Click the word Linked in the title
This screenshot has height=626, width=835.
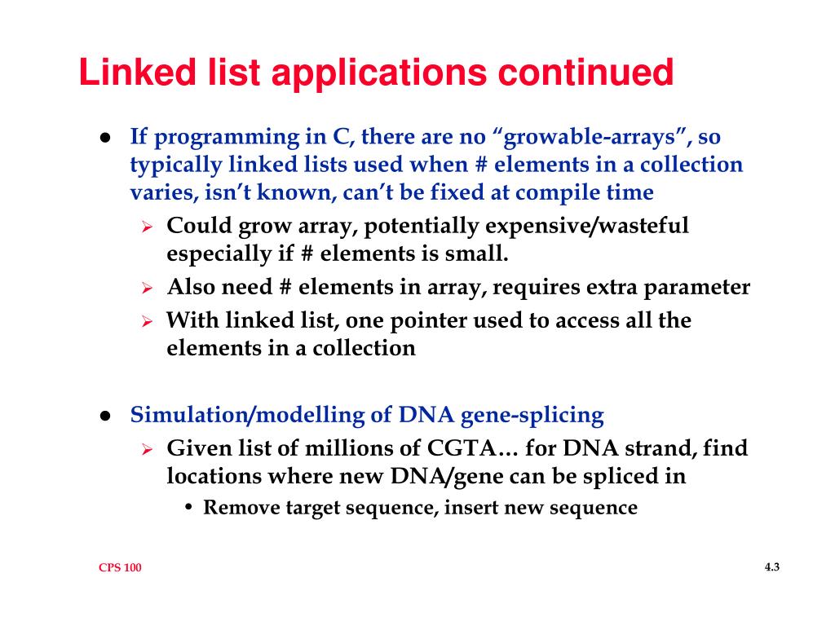pos(135,73)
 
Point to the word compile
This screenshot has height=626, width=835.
pos(553,193)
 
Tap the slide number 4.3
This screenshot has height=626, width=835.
pos(772,567)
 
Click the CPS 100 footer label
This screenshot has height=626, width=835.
pos(120,568)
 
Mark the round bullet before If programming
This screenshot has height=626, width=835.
pos(106,138)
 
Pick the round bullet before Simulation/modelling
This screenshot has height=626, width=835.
pos(106,416)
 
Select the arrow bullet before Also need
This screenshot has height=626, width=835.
pos(148,289)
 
